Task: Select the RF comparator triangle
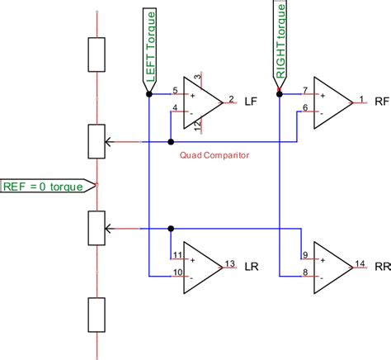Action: point(332,102)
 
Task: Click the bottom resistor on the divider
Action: point(97,315)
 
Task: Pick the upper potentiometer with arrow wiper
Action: point(97,142)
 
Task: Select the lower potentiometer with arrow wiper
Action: point(97,228)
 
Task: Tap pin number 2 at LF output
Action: point(230,97)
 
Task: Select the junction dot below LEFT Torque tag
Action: point(148,94)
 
